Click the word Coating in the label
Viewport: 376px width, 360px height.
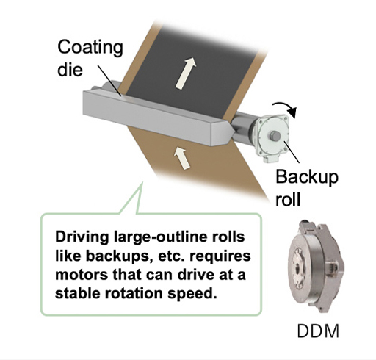pos(90,48)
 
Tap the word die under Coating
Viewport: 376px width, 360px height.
pos(70,70)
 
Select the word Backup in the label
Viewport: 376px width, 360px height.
pos(307,178)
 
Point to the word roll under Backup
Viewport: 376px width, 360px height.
pos(288,199)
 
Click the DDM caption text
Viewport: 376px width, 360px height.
pos(318,331)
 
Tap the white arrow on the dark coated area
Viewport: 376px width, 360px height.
pos(186,73)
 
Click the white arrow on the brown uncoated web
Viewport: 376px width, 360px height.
pos(182,158)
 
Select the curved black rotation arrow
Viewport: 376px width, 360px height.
pos(286,109)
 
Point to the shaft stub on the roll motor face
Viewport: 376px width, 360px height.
pos(275,136)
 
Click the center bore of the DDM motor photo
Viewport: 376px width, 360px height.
pos(298,267)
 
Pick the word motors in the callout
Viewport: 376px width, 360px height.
pos(82,275)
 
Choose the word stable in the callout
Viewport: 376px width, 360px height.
pos(78,293)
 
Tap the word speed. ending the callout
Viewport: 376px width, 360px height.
pos(192,294)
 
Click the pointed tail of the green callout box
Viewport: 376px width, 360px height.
pos(142,182)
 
